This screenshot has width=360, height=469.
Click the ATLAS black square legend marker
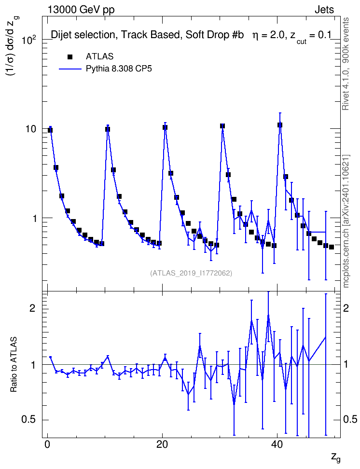70,57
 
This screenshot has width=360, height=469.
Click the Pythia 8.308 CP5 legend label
119,69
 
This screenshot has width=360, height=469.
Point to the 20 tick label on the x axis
162,444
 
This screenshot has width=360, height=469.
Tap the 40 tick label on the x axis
277,444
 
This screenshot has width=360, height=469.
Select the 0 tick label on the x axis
47,444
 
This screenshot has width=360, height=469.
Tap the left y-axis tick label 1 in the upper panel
34,219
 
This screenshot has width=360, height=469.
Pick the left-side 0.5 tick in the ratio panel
28,420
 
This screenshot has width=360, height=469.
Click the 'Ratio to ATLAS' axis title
14,364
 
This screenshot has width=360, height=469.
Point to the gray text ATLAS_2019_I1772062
191,273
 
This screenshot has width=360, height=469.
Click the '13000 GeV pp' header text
81,10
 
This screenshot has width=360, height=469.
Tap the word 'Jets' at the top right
324,10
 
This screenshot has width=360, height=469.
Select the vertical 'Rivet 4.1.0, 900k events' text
346,64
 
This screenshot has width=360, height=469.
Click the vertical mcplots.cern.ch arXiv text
346,221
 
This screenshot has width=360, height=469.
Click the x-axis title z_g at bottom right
336,457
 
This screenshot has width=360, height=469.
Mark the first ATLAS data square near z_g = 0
50,130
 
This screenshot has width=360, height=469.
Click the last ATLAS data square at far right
331,247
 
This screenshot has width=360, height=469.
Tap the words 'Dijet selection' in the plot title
83,35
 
